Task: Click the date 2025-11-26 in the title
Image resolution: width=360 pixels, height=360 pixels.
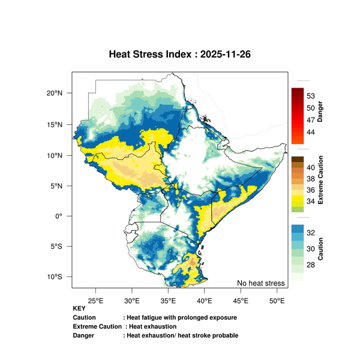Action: [x=226, y=54]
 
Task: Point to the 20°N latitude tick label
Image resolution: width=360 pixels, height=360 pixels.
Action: [x=55, y=93]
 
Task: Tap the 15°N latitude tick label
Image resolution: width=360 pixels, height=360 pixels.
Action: [x=55, y=124]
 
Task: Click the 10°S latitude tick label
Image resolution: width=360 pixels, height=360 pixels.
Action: [x=55, y=277]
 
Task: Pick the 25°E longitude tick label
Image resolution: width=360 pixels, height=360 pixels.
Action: [x=95, y=300]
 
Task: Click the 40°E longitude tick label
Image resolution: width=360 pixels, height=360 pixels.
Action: [x=205, y=300]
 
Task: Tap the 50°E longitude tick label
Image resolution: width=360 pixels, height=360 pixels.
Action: [x=277, y=300]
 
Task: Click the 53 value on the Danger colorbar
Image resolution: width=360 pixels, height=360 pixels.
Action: [x=311, y=96]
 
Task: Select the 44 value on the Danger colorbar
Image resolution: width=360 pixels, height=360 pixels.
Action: [x=311, y=131]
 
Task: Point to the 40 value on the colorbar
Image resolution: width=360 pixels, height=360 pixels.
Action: [x=311, y=167]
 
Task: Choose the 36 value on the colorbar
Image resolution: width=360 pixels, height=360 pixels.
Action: [x=311, y=190]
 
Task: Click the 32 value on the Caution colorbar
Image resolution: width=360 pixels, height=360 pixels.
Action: [x=311, y=232]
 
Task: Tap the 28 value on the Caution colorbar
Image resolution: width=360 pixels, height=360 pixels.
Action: [x=311, y=265]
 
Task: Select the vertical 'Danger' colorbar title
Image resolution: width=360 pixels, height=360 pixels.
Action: [x=320, y=112]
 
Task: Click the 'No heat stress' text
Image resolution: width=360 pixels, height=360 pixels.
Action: [x=260, y=283]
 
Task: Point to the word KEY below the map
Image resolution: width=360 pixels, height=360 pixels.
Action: [x=79, y=308]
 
